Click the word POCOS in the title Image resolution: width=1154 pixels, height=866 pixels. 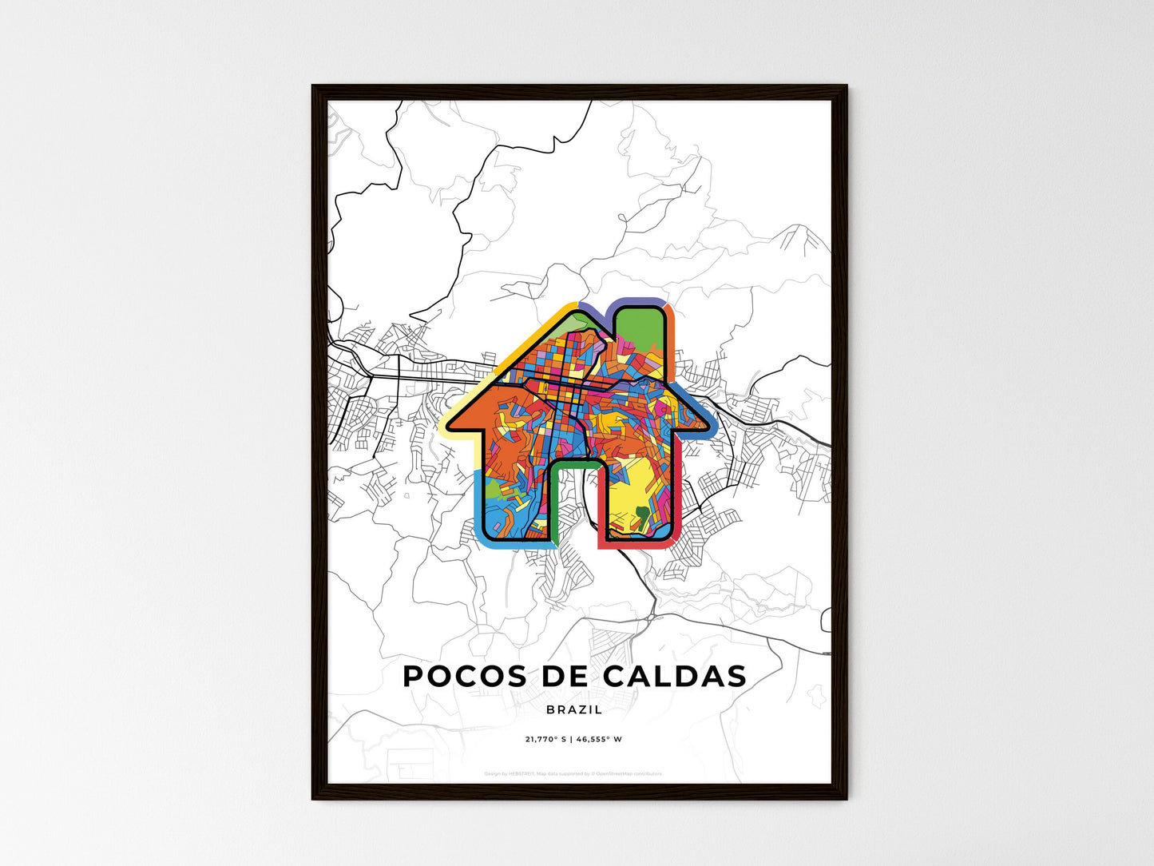[454, 677]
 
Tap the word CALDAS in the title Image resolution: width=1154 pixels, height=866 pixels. [675, 677]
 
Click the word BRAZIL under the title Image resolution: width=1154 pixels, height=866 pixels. [575, 709]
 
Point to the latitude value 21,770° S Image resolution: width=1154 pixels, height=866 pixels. [545, 739]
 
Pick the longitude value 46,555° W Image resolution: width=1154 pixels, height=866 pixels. [600, 739]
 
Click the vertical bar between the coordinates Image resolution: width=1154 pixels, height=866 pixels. [572, 739]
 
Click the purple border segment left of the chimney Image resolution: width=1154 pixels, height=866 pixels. [595, 309]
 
